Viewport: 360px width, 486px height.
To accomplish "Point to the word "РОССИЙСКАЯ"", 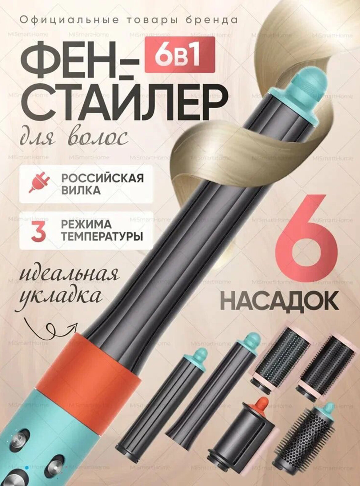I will [x=102, y=178].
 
